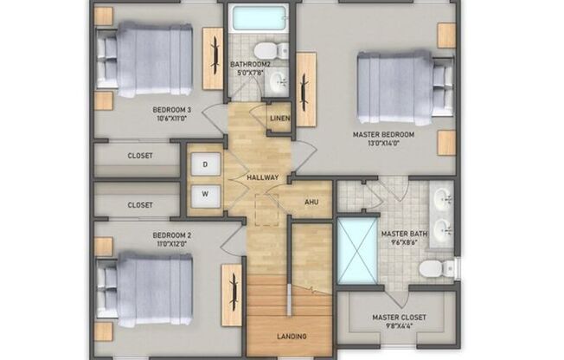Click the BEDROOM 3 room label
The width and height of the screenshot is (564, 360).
pos(171,109)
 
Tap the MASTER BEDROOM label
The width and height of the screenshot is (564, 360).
pos(383,135)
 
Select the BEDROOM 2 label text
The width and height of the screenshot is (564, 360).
pos(171,235)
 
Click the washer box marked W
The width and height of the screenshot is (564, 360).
pos(206,194)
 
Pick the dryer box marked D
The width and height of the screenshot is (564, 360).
pos(206,164)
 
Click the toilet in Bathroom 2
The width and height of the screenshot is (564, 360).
pos(266,47)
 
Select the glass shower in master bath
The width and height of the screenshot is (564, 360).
pos(356,251)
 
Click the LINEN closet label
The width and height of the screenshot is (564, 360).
pos(279,119)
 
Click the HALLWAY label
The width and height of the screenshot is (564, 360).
pos(262,178)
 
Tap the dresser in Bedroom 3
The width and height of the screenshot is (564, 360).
pos(213,58)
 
